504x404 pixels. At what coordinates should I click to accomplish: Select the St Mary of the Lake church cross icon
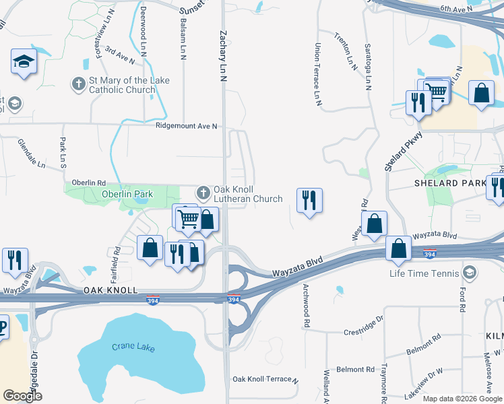pyautogui.click(x=79, y=84)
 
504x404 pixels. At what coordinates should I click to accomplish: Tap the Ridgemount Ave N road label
pyautogui.click(x=187, y=126)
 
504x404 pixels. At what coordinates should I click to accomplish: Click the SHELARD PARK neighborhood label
pyautogui.click(x=450, y=183)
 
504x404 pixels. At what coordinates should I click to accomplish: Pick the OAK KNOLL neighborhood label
pyautogui.click(x=111, y=290)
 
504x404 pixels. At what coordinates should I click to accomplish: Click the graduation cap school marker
pyautogui.click(x=24, y=62)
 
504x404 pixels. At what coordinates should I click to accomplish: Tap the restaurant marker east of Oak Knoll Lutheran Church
pyautogui.click(x=309, y=200)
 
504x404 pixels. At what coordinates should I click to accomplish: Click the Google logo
pyautogui.click(x=22, y=396)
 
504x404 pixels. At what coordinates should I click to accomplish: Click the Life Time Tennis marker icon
pyautogui.click(x=470, y=273)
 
